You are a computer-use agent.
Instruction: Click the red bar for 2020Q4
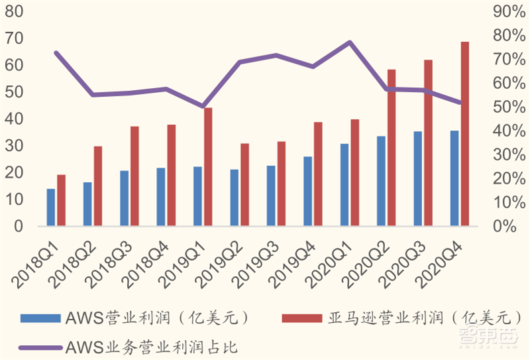click(x=465, y=134)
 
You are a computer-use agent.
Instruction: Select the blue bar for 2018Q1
click(x=51, y=208)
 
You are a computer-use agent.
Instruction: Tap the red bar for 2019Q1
click(x=208, y=167)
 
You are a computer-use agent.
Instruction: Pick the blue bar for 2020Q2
click(x=381, y=181)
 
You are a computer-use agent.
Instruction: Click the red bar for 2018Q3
click(x=134, y=176)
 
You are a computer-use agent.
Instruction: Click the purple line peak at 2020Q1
click(x=350, y=42)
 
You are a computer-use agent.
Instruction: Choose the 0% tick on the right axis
click(x=507, y=226)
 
